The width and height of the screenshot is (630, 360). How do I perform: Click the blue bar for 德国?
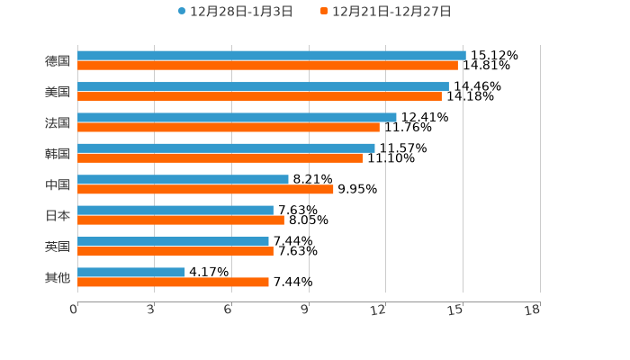[271, 56]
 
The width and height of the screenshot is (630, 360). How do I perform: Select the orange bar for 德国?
[267, 66]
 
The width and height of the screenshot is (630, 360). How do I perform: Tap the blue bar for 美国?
[263, 86]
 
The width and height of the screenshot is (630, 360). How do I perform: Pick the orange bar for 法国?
[229, 127]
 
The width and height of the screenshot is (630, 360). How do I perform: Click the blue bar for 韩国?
[226, 148]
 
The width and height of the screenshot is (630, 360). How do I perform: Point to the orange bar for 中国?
[205, 189]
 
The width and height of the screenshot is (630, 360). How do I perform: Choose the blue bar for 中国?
[183, 179]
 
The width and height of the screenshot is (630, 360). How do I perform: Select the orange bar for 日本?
[181, 220]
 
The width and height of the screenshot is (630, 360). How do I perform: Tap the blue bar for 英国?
[173, 241]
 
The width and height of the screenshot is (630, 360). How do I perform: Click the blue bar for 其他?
[131, 272]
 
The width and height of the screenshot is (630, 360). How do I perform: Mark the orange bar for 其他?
[173, 282]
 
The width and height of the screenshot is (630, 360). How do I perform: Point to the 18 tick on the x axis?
[533, 310]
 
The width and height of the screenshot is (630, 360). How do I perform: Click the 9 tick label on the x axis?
[306, 310]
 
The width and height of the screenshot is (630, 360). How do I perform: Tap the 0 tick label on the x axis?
[75, 310]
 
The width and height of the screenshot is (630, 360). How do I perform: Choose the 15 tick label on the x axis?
[456, 310]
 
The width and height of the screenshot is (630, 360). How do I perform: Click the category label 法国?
[58, 122]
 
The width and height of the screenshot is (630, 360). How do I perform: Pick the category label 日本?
[58, 215]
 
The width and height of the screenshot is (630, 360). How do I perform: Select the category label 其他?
[58, 277]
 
